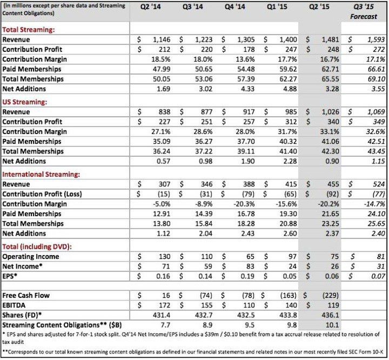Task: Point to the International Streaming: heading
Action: coord(41,174)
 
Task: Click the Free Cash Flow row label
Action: coord(26,296)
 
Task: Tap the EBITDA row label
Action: coord(16,305)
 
